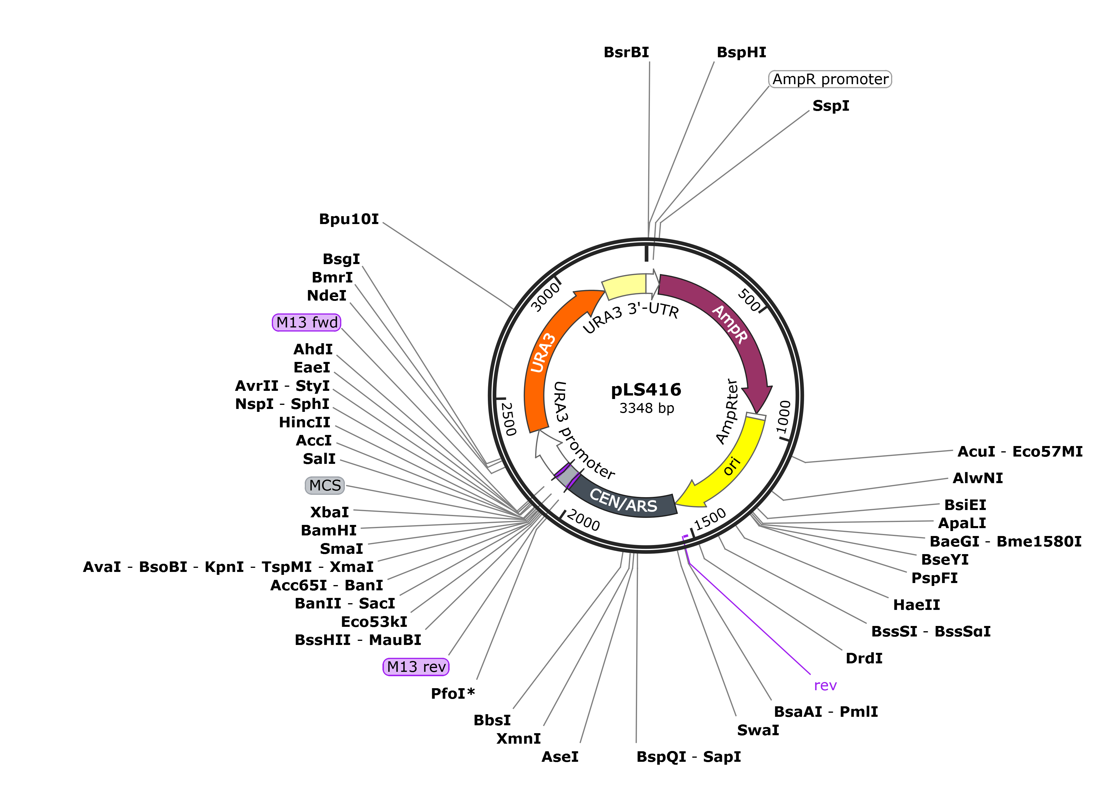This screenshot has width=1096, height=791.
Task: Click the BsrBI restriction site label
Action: (x=626, y=52)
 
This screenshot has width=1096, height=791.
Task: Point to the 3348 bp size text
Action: (x=647, y=409)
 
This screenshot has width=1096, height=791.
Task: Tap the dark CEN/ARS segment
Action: (x=623, y=500)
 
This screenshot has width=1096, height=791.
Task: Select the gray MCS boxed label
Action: (x=325, y=485)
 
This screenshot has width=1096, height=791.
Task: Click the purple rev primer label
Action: (x=825, y=686)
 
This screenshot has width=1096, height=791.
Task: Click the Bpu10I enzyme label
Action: (x=349, y=219)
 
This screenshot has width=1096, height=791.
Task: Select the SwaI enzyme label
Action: (x=758, y=730)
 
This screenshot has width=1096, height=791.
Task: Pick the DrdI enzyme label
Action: (x=864, y=658)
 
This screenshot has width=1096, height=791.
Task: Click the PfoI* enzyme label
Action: (x=453, y=694)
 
